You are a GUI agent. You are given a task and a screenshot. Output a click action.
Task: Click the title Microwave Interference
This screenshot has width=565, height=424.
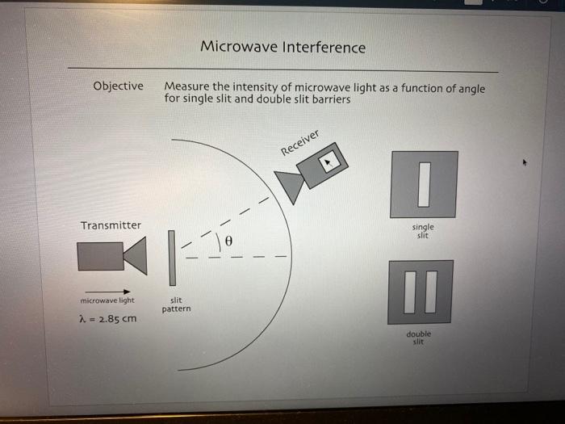(x=282, y=48)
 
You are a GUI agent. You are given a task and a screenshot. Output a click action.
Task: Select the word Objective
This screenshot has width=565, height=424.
(x=118, y=86)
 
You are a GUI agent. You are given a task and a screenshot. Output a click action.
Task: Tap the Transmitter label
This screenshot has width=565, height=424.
(x=111, y=225)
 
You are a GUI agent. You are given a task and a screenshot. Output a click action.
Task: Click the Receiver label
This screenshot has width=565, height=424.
(x=300, y=142)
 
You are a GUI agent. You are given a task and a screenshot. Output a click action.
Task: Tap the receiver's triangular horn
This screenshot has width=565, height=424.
(x=291, y=186)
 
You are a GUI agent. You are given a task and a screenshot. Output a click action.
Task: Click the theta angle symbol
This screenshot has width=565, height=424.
(x=229, y=241)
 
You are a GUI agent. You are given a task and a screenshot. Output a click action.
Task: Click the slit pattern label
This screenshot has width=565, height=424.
(x=176, y=304)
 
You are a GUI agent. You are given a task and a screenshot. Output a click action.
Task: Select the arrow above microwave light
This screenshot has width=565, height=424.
(x=107, y=292)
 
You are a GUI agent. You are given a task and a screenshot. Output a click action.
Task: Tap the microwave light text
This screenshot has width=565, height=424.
(x=107, y=300)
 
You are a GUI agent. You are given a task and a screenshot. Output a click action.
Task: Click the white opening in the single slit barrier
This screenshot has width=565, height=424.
(x=424, y=184)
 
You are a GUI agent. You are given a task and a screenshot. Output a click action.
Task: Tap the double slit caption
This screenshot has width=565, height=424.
(x=419, y=337)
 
